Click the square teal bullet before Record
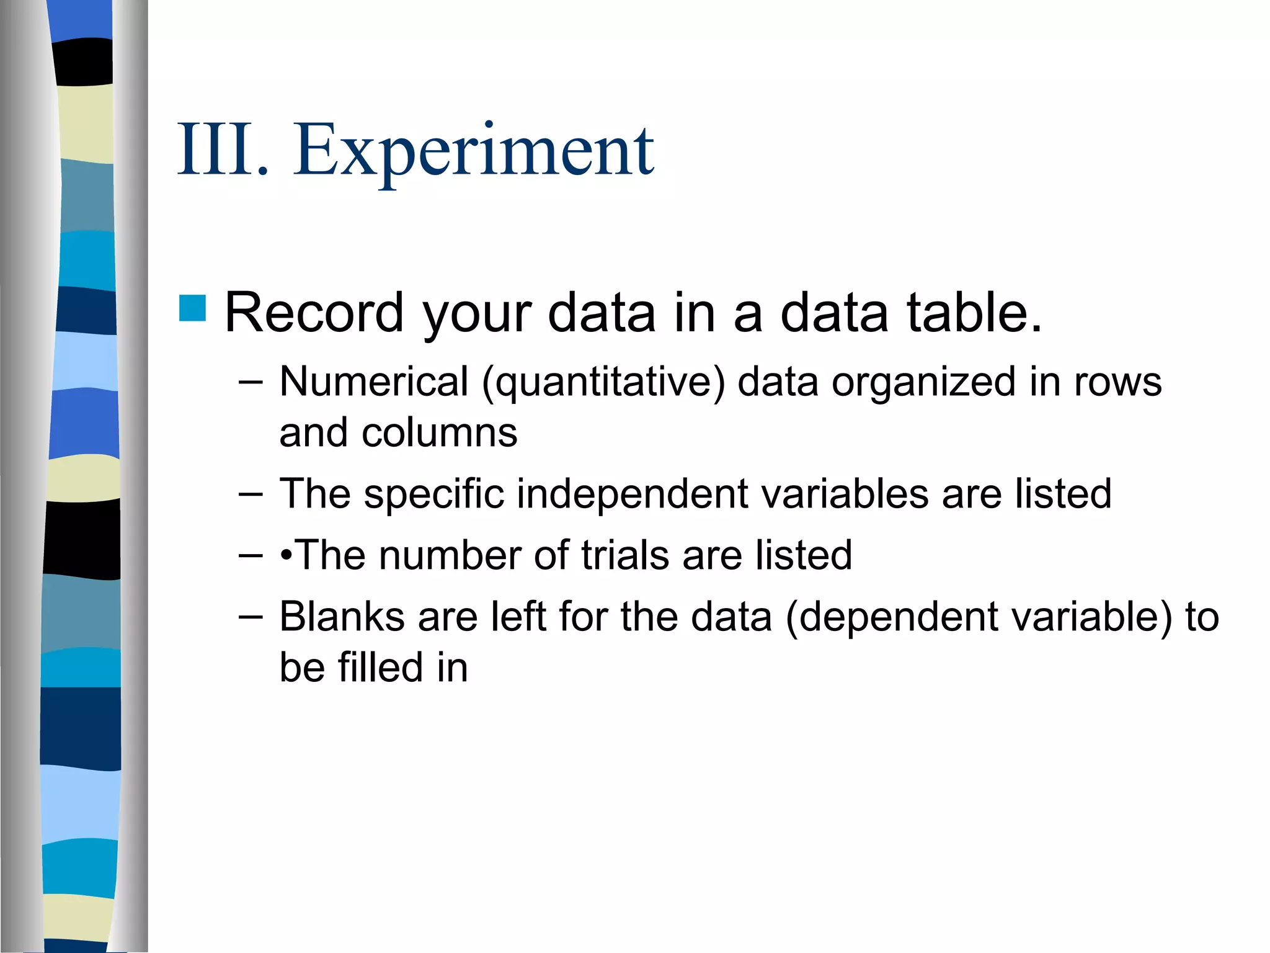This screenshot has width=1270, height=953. click(192, 308)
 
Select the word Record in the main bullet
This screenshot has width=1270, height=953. click(314, 313)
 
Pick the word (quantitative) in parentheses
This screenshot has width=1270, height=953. click(603, 382)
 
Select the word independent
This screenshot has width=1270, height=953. click(633, 494)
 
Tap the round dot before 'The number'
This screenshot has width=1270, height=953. click(286, 555)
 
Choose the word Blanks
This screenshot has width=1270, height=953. click(342, 617)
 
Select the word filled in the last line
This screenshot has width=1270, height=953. click(380, 668)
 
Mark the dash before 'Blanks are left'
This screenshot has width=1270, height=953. click(251, 617)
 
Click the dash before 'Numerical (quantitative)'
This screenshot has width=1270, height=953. click(251, 382)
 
